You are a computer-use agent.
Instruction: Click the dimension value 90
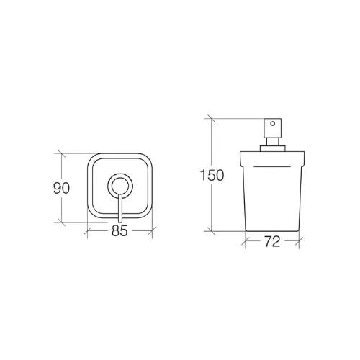coord(61,188)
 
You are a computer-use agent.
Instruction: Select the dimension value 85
coord(120,231)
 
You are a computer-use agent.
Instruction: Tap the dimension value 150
coord(212,175)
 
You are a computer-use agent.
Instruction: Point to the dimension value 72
coord(272,241)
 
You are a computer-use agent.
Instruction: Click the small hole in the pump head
coord(272,124)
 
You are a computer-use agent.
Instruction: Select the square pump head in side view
coord(273,128)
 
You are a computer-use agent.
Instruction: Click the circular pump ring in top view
coord(120,185)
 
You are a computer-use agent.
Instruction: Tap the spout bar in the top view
coord(120,208)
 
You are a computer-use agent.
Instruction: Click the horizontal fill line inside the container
coord(272,166)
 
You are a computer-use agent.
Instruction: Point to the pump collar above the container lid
coord(273,148)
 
